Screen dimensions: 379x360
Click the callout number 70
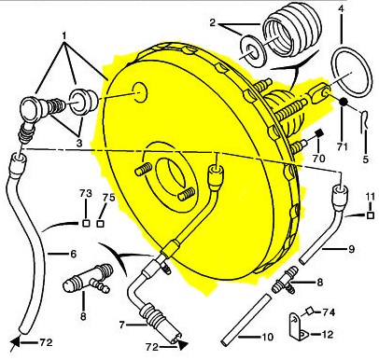[x=318, y=159]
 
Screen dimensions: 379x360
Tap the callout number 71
[x=342, y=146]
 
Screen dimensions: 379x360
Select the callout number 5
[x=366, y=159]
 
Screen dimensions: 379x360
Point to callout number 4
[x=342, y=8]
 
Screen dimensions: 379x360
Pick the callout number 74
[x=329, y=312]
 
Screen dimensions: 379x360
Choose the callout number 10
[x=267, y=337]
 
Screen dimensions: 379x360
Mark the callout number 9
[x=351, y=249]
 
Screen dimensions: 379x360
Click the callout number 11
[x=370, y=197]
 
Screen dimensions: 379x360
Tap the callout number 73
[x=86, y=193]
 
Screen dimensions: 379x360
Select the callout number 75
[x=108, y=198]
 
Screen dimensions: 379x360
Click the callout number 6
[x=73, y=254]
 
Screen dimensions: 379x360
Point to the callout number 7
[x=121, y=325]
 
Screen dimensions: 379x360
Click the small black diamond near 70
[x=318, y=133]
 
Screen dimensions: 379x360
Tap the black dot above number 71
[x=343, y=102]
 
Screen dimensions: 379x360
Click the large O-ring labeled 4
[x=351, y=72]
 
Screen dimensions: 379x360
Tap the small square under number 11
[x=370, y=215]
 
